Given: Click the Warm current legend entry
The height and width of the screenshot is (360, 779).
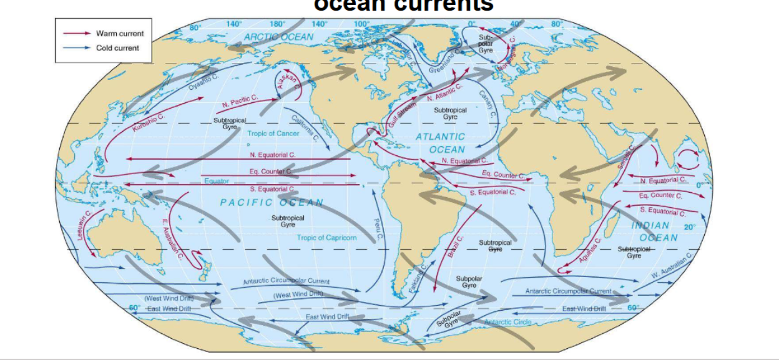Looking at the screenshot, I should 119,33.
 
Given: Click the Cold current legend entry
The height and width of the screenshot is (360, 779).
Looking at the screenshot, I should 117,48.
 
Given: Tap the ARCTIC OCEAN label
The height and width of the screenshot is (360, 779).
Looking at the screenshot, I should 278,37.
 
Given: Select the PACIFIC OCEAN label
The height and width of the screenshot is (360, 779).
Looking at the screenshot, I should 272,203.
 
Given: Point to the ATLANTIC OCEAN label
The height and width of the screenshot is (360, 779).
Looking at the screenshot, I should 441,143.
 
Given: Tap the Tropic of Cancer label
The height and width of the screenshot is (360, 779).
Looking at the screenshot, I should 273,134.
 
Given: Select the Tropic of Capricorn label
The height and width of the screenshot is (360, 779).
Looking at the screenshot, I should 326,238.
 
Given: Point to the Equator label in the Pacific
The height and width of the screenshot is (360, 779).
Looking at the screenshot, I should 217,181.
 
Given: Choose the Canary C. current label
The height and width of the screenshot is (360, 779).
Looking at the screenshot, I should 487,104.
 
